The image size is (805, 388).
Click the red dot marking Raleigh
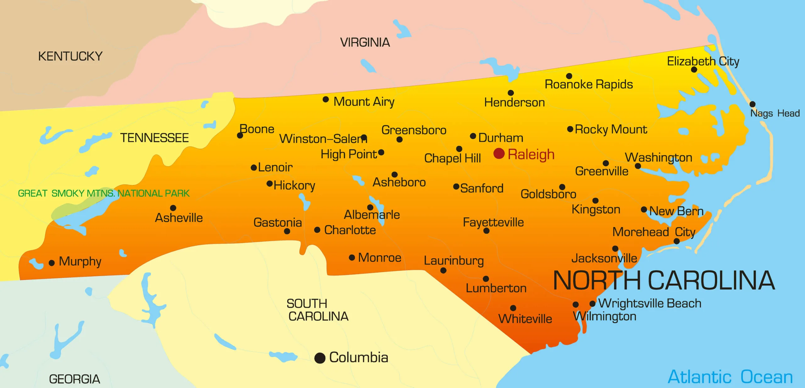click(499, 153)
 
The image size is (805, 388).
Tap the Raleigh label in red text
click(531, 155)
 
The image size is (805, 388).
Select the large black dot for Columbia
click(320, 358)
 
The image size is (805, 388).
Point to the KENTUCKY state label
click(70, 56)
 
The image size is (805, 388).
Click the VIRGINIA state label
click(365, 42)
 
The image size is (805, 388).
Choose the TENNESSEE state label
click(154, 138)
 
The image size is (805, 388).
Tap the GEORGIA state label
click(75, 379)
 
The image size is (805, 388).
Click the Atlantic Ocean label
click(730, 377)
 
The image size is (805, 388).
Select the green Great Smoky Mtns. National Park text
click(104, 193)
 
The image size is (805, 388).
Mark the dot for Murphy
click(52, 263)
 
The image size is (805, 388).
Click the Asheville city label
click(179, 218)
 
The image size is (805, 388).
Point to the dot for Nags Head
click(752, 104)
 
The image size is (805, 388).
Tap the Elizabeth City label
click(703, 61)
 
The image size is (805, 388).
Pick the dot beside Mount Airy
click(326, 100)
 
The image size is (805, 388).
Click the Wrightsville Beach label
click(650, 303)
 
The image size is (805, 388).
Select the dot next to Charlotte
click(317, 230)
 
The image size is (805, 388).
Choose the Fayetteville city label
click(493, 222)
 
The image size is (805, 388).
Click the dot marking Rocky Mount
click(570, 129)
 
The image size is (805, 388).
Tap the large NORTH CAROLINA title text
click(664, 280)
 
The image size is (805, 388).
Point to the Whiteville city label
click(525, 319)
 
